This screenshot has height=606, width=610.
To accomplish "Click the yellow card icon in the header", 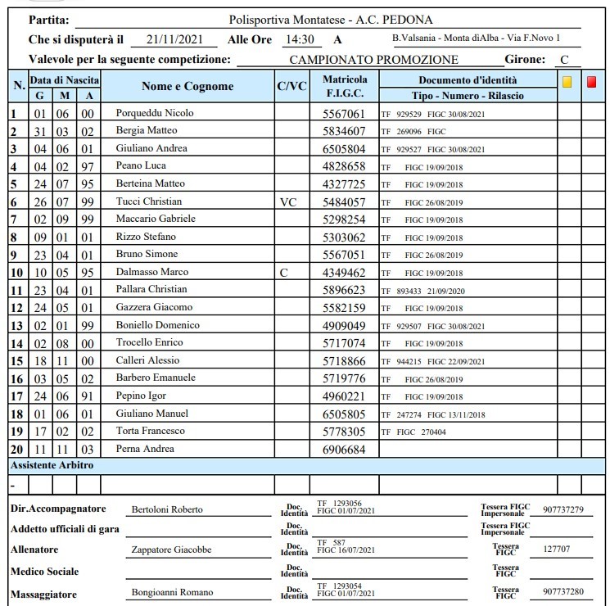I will coord(567,82).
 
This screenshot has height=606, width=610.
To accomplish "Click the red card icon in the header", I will coord(592,82).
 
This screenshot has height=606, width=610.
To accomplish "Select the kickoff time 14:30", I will coord(299,39).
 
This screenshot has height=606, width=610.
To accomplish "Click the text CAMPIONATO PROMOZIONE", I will coord(373,59).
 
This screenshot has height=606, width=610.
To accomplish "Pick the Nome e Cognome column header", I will coord(187,86).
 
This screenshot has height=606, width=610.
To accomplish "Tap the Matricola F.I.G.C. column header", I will coord(345,86).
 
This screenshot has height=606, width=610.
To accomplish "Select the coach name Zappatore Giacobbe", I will coord(167,550).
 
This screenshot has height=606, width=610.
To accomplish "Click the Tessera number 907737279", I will coord(562,509).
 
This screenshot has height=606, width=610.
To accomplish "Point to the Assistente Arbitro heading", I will coord(52,465).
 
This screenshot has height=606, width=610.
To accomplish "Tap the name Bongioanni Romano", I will coord(173,592).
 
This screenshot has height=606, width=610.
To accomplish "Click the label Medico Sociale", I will coord(44,571).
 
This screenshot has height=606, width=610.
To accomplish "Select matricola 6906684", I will coord(345,450).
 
